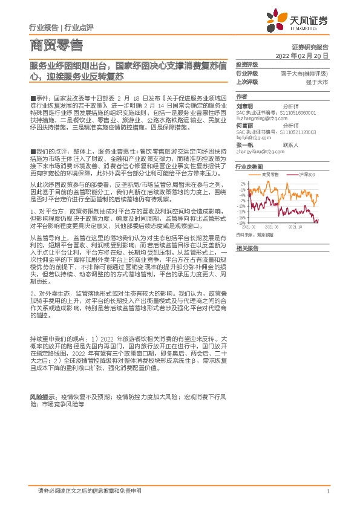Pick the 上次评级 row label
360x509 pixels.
pos(246,81)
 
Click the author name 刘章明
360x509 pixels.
pos(244,105)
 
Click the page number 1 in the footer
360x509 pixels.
pos(327,491)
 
